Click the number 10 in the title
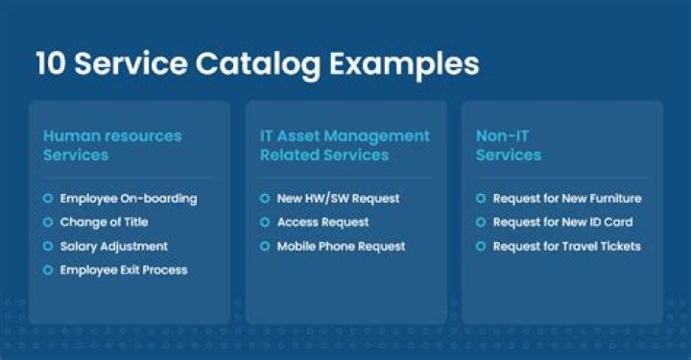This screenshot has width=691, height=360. pos(50,64)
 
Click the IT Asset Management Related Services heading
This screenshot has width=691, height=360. pos(345,144)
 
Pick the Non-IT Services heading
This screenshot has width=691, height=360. pos(509,144)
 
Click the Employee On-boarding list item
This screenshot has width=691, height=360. pos(129,199)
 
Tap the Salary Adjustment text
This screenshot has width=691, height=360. pos(114,247)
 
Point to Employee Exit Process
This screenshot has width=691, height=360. pos(124,271)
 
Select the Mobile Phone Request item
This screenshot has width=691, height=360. pos(341,247)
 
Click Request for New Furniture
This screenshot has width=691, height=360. pos(566,199)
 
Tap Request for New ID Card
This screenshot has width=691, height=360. pos(562,223)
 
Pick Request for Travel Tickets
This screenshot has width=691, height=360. pos(566,247)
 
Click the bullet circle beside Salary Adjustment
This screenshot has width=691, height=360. pos(48,247)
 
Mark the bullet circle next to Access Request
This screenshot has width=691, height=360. pos(265,223)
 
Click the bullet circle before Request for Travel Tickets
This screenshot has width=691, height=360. pos(481,247)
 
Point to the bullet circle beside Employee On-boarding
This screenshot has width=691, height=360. pos(48,199)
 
